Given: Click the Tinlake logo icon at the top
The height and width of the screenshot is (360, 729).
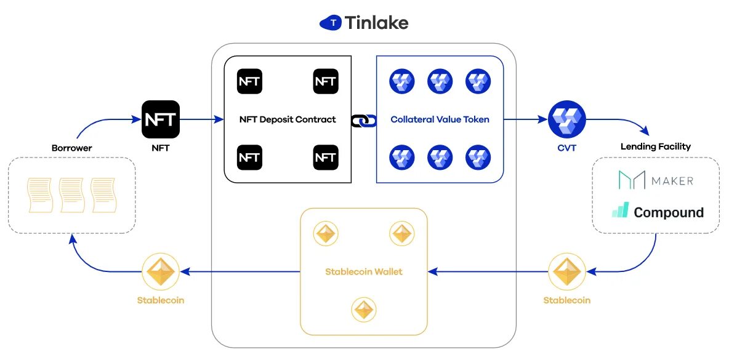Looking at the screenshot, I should [331, 23].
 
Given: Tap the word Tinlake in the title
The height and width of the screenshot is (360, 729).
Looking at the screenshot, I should [377, 23].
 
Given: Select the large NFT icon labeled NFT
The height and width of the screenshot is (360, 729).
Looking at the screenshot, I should [161, 119].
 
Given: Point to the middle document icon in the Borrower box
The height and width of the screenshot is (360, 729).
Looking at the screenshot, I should [71, 194].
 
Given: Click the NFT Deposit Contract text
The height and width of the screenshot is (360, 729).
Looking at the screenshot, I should [288, 119].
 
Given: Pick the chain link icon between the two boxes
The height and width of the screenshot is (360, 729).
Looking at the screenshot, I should [363, 121].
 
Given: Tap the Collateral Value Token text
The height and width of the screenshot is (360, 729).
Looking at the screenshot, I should [440, 119].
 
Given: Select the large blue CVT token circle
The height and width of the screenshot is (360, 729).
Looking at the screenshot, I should [566, 119].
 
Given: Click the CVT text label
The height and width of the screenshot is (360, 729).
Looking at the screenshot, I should [566, 148].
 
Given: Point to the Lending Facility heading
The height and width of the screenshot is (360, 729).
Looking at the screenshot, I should [655, 146].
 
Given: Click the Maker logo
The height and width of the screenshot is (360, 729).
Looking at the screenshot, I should [656, 180].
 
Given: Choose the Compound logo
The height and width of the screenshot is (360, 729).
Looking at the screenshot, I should [658, 212].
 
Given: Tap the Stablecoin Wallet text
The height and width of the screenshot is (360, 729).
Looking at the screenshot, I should [363, 271].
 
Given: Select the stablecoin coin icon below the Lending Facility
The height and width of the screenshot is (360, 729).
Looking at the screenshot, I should [566, 271].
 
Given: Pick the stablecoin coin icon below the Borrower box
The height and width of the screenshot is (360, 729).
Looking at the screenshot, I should [161, 271].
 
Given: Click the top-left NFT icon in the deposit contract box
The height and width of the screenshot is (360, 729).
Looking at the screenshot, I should [249, 82].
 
